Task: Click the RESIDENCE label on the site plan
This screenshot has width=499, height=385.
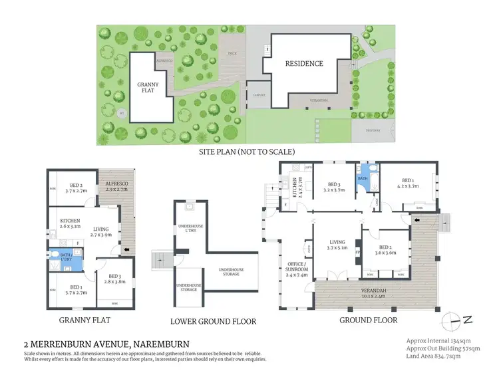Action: tap(304, 64)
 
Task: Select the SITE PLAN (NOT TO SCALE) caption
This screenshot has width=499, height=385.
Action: tap(247, 152)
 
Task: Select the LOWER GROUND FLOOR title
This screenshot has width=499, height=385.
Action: tap(213, 321)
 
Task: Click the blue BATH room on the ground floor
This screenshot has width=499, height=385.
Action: tap(363, 180)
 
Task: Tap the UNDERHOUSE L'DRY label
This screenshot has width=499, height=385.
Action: tap(190, 230)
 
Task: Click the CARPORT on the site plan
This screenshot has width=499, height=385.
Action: tap(258, 95)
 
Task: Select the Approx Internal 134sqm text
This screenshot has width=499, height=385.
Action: tap(442, 340)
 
